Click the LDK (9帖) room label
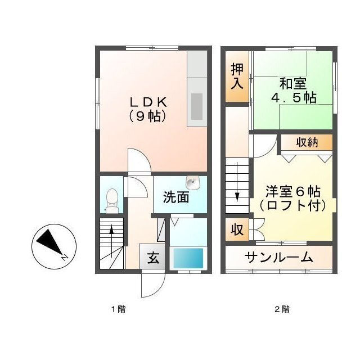[148, 110]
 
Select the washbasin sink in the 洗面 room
[193, 183]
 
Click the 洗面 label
[176, 197]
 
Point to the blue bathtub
[188, 258]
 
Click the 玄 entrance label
[153, 258]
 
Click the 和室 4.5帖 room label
[294, 91]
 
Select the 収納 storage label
[307, 143]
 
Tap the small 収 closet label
[237, 229]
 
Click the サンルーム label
[279, 258]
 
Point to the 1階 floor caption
[119, 309]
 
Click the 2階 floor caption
[282, 309]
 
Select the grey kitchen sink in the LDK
[197, 106]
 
